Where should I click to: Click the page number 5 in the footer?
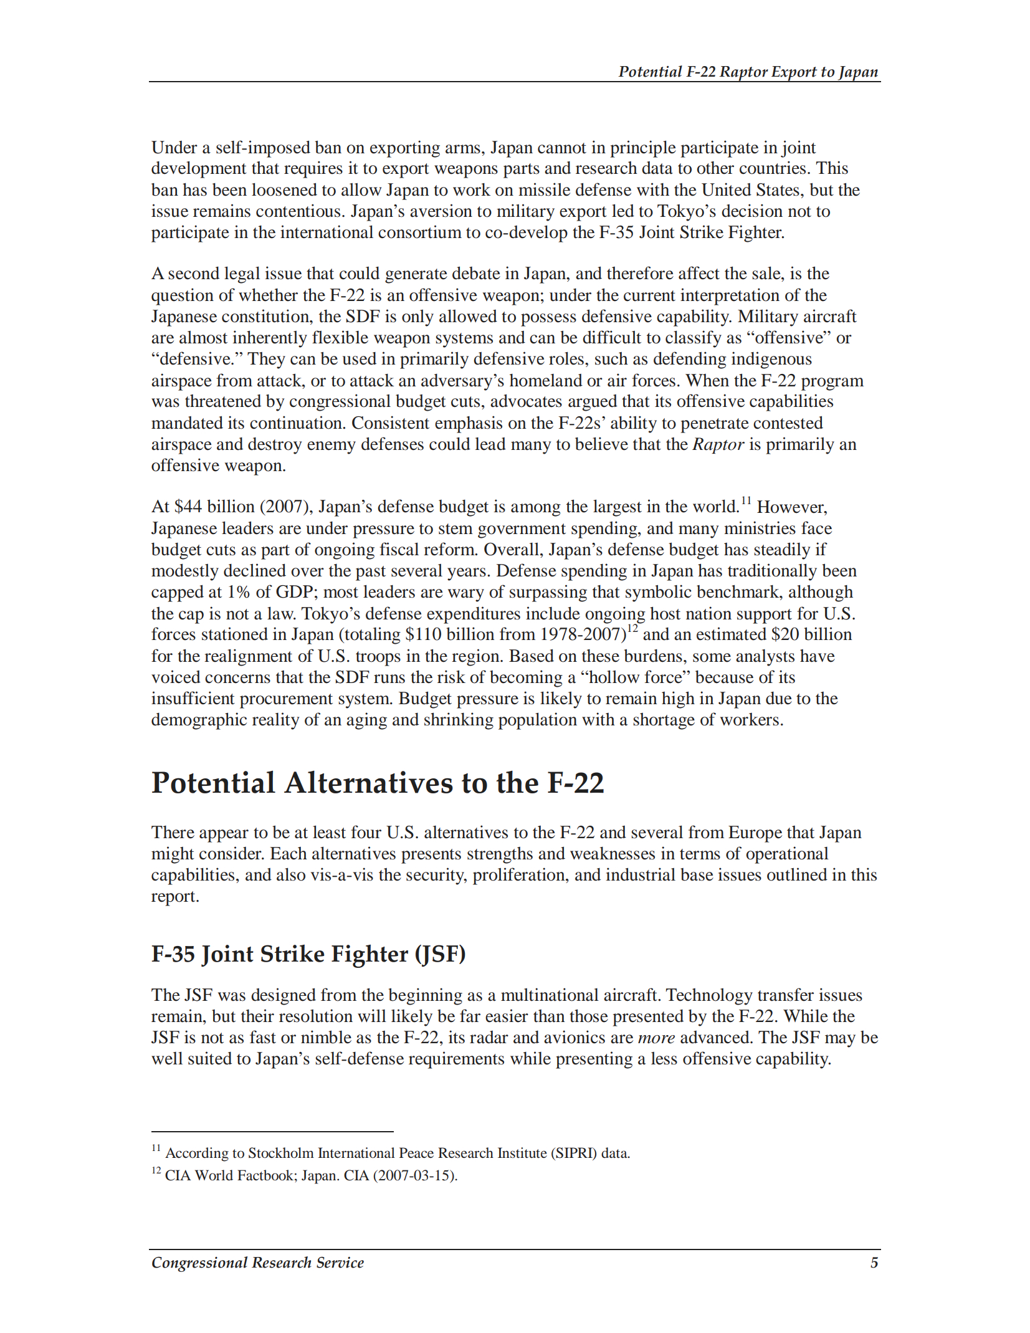click(874, 1263)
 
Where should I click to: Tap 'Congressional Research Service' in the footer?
click(257, 1263)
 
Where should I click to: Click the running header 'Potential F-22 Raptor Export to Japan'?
click(748, 72)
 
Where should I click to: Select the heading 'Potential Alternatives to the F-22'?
click(378, 783)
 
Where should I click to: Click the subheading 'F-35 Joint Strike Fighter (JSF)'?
click(308, 954)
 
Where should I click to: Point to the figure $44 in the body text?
click(188, 507)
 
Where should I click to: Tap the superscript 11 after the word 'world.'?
click(746, 500)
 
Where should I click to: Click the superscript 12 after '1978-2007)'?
click(632, 629)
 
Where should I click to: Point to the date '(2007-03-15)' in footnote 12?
click(415, 1176)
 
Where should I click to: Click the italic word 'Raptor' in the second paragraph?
click(718, 444)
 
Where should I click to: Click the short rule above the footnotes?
click(272, 1131)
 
